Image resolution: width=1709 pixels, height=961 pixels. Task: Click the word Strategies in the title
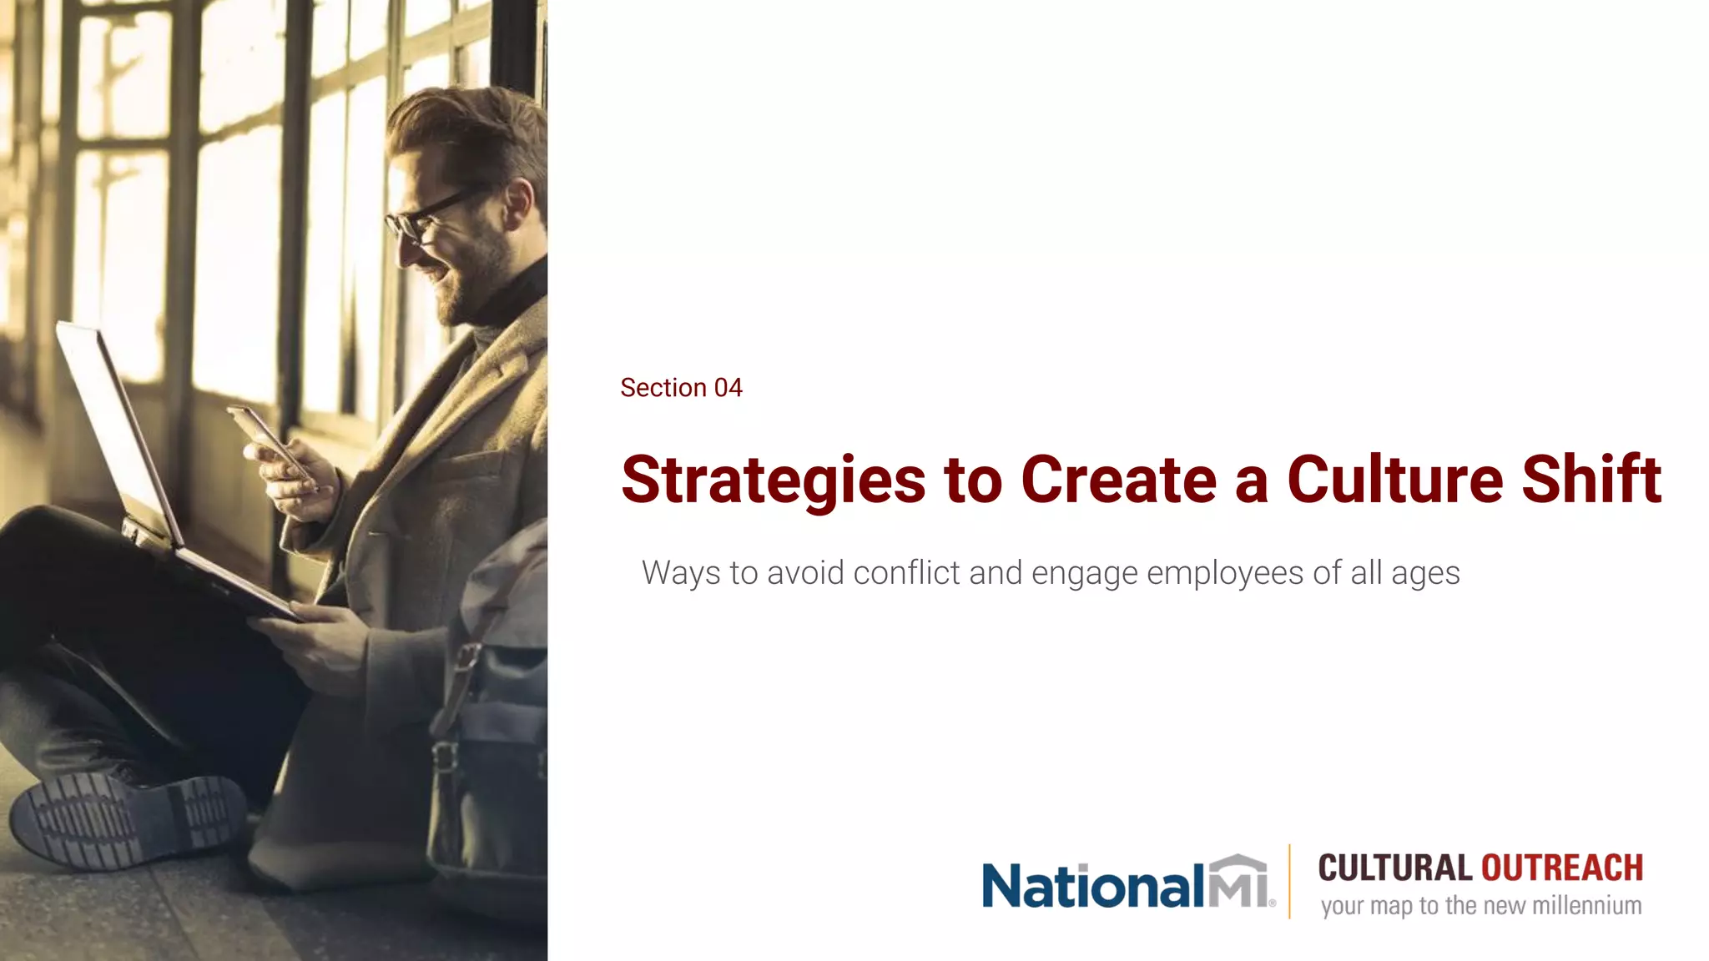[773, 480]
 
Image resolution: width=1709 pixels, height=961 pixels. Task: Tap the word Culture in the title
[1394, 480]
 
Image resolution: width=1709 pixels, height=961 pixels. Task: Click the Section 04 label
[681, 388]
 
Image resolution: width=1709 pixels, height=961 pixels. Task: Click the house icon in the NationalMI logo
[1238, 881]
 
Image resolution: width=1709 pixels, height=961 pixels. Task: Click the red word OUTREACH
[1561, 868]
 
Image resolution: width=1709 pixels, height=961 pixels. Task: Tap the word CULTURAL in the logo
[1394, 868]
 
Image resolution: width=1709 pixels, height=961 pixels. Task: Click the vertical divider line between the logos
[1289, 881]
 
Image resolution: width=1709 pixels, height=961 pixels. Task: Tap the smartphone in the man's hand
[268, 439]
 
